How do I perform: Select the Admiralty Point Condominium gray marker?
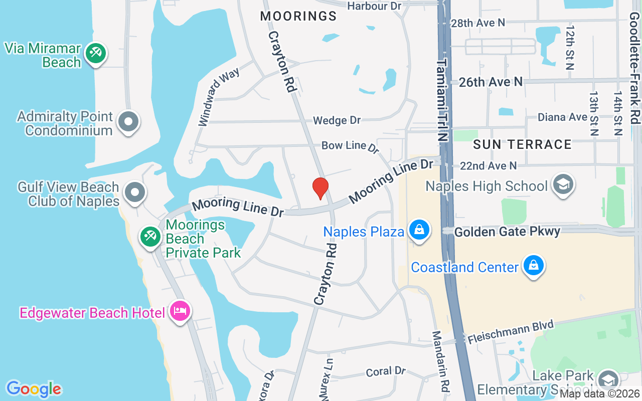point(128,122)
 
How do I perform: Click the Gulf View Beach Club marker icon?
point(135,192)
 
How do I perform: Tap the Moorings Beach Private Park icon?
point(150,236)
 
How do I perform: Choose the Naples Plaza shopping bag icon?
point(417,230)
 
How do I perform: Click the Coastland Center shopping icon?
point(533,266)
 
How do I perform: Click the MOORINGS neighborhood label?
point(298,16)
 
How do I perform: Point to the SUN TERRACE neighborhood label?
point(522,144)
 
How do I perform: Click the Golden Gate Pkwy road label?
point(507,232)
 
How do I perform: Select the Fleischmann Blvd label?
point(510,332)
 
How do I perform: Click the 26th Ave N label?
point(491,82)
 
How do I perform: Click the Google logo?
point(34,388)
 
